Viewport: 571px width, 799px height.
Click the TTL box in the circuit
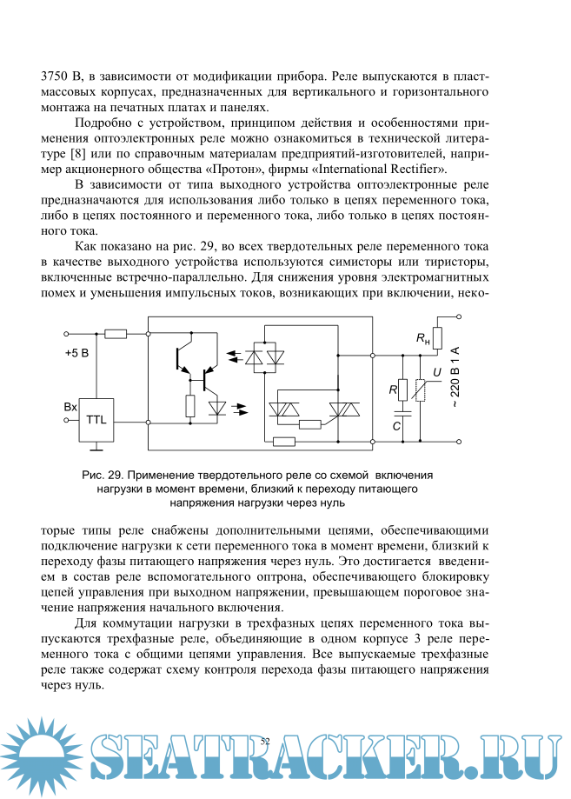(96, 420)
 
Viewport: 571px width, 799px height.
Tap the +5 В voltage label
(78, 354)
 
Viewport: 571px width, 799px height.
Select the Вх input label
(71, 407)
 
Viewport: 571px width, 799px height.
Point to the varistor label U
(435, 373)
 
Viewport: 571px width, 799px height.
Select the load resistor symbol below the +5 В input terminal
(115, 333)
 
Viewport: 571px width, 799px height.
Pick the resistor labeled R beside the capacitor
(402, 390)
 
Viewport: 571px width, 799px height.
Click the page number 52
(266, 740)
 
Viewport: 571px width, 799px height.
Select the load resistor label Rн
(423, 339)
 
